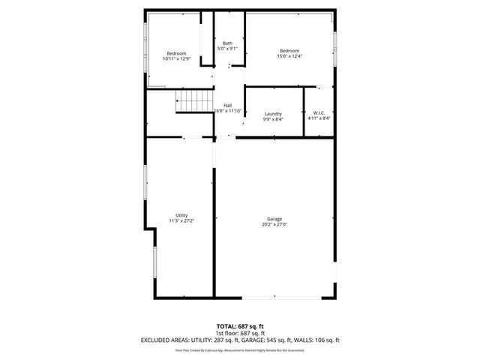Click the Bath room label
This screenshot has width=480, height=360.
coord(226,43)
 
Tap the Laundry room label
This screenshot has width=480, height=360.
coord(273,113)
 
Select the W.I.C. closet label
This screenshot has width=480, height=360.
coord(319,113)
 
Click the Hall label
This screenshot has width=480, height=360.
coord(227,106)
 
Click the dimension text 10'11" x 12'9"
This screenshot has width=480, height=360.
coord(177,58)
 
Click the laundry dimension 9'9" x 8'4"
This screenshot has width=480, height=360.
coord(273,118)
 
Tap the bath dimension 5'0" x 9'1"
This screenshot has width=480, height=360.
coord(226,49)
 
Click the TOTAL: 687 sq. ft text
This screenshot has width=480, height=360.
coord(240,326)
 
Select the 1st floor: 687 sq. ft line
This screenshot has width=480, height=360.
coord(240,333)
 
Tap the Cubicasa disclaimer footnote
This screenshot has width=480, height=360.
coord(240,349)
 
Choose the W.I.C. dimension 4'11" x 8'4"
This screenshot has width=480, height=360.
coord(319,118)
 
